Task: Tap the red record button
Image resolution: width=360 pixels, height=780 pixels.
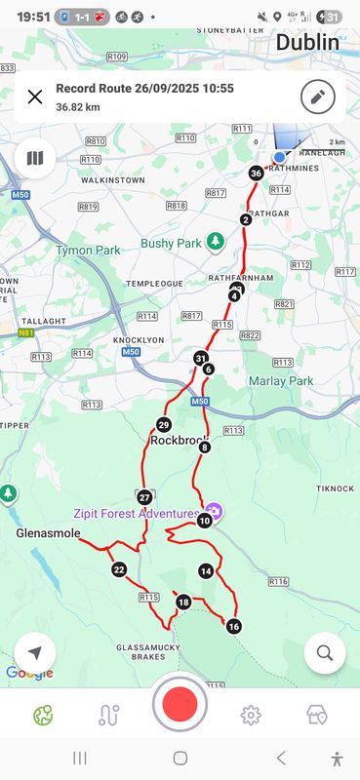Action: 180,704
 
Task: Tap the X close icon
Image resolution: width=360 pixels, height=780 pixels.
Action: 35,97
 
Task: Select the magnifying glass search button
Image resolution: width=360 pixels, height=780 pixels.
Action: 325,652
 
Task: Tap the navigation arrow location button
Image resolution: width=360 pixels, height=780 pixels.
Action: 35,652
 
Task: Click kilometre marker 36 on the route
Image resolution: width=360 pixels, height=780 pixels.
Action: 256,174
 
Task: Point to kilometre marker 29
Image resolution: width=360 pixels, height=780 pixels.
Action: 163,424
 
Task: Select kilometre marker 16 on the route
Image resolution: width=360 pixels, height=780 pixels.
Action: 233,626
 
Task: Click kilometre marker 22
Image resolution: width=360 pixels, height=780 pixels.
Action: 119,569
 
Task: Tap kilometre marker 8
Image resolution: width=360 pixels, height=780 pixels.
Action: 204,448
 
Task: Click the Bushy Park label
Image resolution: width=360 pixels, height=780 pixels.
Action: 171,243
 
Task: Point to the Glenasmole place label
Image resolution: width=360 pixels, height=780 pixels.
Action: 46,534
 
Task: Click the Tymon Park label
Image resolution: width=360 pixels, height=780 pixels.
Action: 88,250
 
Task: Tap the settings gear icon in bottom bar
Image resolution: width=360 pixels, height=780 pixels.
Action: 251,716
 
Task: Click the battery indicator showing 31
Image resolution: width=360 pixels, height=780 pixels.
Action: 332,17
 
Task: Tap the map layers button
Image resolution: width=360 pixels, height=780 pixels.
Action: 35,158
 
